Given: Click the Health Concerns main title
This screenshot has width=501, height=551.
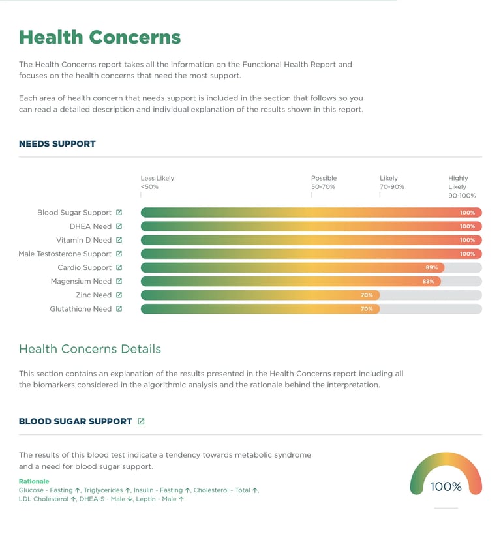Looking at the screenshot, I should point(100,37).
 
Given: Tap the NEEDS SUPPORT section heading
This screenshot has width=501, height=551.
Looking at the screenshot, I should point(57,144).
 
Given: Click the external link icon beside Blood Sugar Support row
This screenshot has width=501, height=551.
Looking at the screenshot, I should point(119,213).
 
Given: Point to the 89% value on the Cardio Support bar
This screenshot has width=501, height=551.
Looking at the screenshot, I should point(431,268).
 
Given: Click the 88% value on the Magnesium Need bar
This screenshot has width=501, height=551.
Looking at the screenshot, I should point(428,282).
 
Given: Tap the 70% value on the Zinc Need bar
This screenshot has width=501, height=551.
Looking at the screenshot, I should point(367,295).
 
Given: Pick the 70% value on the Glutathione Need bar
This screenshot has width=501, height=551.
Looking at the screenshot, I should point(367,309).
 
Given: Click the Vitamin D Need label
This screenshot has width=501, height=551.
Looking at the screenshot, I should point(83,240).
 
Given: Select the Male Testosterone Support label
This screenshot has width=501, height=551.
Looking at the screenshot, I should point(65,254).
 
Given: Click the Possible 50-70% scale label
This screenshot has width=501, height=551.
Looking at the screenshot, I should point(324,183).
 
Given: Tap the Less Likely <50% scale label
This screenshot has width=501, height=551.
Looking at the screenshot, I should point(157,183).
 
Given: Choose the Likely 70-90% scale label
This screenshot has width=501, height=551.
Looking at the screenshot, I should point(391,183).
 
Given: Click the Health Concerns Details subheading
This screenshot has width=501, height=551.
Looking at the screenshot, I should point(90,349).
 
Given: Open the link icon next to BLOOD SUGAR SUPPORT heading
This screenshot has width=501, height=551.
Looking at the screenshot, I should point(141,422).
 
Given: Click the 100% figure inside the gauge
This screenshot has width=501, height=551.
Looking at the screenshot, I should point(446,486).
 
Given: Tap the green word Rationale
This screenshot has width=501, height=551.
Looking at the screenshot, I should point(34,481).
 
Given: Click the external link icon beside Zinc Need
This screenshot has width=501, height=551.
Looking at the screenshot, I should point(119,295).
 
